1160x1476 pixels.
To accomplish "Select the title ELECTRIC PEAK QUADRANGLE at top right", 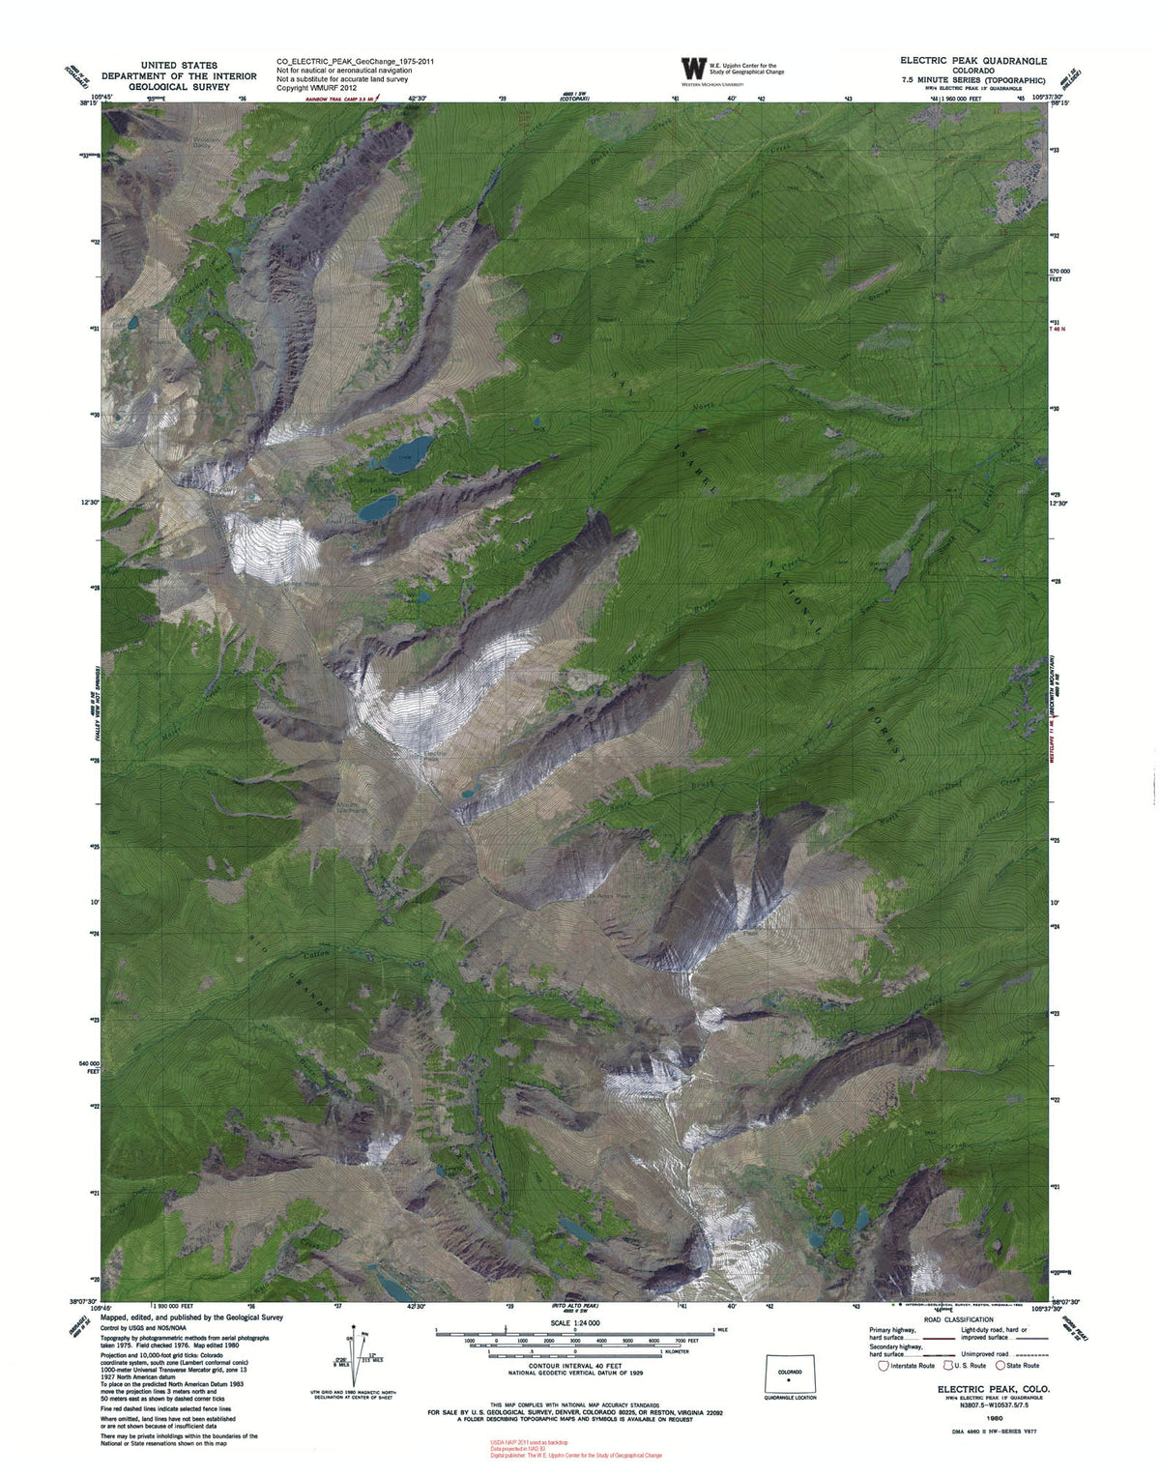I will pyautogui.click(x=972, y=60).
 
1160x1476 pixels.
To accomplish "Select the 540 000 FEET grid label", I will pyautogui.click(x=90, y=1066).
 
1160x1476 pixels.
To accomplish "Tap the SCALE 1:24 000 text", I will pyautogui.click(x=574, y=1322).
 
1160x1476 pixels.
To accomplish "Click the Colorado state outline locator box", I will pyautogui.click(x=789, y=1375).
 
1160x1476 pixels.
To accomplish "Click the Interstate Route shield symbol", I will pyautogui.click(x=883, y=1366).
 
